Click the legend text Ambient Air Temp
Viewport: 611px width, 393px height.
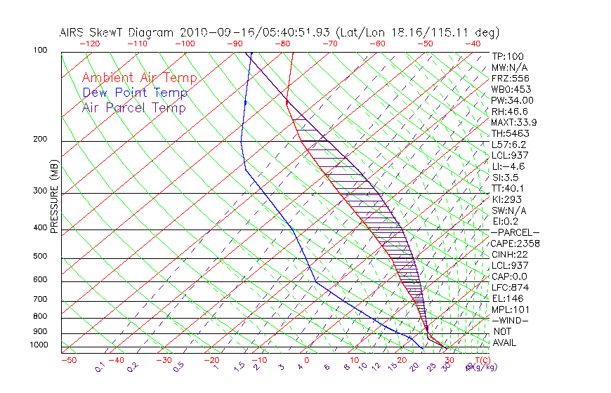point(139,79)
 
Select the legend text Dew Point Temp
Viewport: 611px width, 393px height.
point(135,93)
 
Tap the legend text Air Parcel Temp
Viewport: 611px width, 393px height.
point(133,108)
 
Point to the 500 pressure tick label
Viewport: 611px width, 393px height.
point(41,257)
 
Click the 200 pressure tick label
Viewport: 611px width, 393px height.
point(41,140)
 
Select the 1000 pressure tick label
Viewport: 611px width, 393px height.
point(39,345)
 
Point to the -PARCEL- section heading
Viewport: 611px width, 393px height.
point(515,232)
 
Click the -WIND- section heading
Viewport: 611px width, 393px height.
point(511,320)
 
